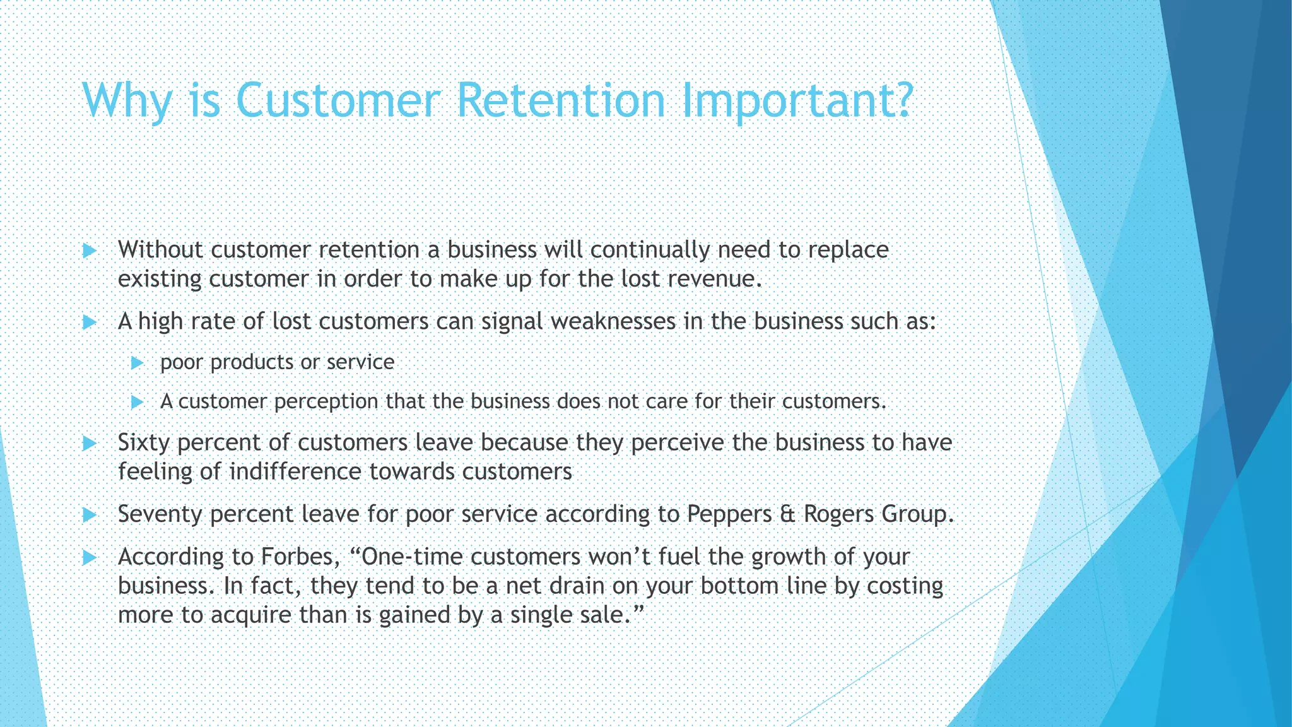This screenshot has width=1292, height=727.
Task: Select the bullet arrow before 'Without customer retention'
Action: click(90, 251)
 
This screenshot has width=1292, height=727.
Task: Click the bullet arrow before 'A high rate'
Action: click(90, 322)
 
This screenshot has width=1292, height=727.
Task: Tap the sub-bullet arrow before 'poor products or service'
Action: click(137, 363)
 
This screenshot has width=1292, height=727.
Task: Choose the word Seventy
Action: click(160, 514)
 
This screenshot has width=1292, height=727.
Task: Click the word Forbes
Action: click(297, 557)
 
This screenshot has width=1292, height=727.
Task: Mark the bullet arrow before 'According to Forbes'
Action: click(90, 557)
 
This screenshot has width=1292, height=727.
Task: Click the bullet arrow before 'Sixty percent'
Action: click(90, 443)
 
